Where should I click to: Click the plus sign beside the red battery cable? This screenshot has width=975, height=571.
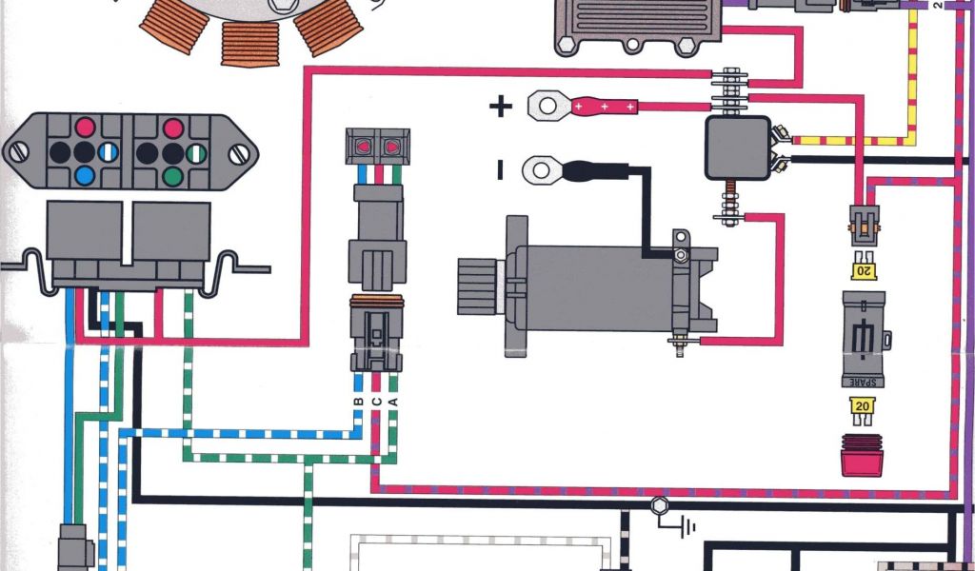pyautogui.click(x=500, y=106)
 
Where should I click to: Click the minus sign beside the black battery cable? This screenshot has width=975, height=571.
pyautogui.click(x=500, y=170)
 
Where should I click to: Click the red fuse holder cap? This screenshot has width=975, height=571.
pyautogui.click(x=862, y=456)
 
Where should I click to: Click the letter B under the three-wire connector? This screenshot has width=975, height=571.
pyautogui.click(x=358, y=401)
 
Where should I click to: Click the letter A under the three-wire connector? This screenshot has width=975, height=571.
pyautogui.click(x=393, y=401)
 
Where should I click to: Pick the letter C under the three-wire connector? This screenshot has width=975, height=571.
pyautogui.click(x=376, y=401)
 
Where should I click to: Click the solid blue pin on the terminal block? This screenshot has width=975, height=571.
pyautogui.click(x=85, y=174)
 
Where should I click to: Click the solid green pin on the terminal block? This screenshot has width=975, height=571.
pyautogui.click(x=172, y=174)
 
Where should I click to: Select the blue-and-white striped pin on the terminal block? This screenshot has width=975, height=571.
pyautogui.click(x=109, y=151)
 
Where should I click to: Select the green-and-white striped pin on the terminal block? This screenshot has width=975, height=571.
pyautogui.click(x=196, y=151)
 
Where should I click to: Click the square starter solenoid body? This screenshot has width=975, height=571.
pyautogui.click(x=737, y=148)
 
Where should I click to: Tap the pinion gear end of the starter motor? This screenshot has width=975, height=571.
pyautogui.click(x=478, y=284)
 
